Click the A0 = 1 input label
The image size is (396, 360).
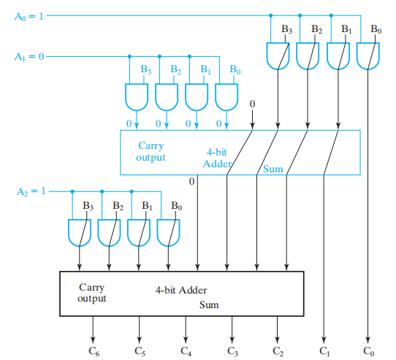[x=29, y=17]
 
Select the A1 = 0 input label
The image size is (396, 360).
[x=29, y=56]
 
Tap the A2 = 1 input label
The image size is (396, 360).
[x=31, y=191]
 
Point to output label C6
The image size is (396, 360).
[x=94, y=351]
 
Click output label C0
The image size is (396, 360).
[x=369, y=351]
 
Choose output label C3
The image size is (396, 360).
[x=232, y=351]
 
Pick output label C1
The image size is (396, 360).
[x=324, y=351]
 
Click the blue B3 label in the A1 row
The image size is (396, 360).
[x=145, y=69]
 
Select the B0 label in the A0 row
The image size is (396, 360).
[x=376, y=29]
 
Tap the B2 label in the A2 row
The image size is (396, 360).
[x=118, y=206]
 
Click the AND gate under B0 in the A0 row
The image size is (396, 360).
[x=368, y=56]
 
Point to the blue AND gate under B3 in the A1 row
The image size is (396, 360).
[x=137, y=97]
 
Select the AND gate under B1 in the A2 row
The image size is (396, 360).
[x=139, y=233]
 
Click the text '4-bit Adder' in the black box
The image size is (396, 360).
[x=181, y=290]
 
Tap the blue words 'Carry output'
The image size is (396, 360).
[x=151, y=151]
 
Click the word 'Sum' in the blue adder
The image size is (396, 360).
[x=273, y=169]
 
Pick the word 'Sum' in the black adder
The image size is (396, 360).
[x=209, y=305]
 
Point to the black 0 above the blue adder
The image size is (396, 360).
[x=252, y=104]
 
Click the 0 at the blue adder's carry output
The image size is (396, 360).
[x=192, y=181]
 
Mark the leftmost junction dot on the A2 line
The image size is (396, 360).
[x=72, y=191]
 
